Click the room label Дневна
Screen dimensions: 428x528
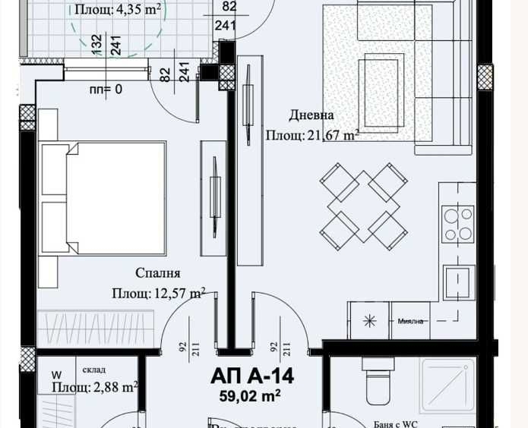(x=311, y=115)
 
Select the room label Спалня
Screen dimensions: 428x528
(x=158, y=273)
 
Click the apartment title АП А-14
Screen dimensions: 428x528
(x=251, y=376)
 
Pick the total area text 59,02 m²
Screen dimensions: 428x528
(x=251, y=395)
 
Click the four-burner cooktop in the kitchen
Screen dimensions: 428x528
(x=458, y=224)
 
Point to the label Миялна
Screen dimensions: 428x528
(x=410, y=321)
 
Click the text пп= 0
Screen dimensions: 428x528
(x=106, y=90)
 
